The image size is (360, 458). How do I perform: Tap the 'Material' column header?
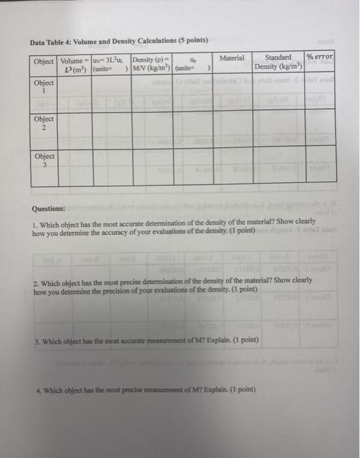point(232,58)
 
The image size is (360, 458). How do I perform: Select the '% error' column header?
point(319,58)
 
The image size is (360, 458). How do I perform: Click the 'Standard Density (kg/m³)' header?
point(278,62)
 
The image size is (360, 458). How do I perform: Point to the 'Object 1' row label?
point(45,87)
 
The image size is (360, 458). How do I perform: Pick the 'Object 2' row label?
point(45,124)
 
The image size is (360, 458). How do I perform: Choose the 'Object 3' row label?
point(45,160)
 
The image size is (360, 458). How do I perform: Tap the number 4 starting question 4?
point(39,391)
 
